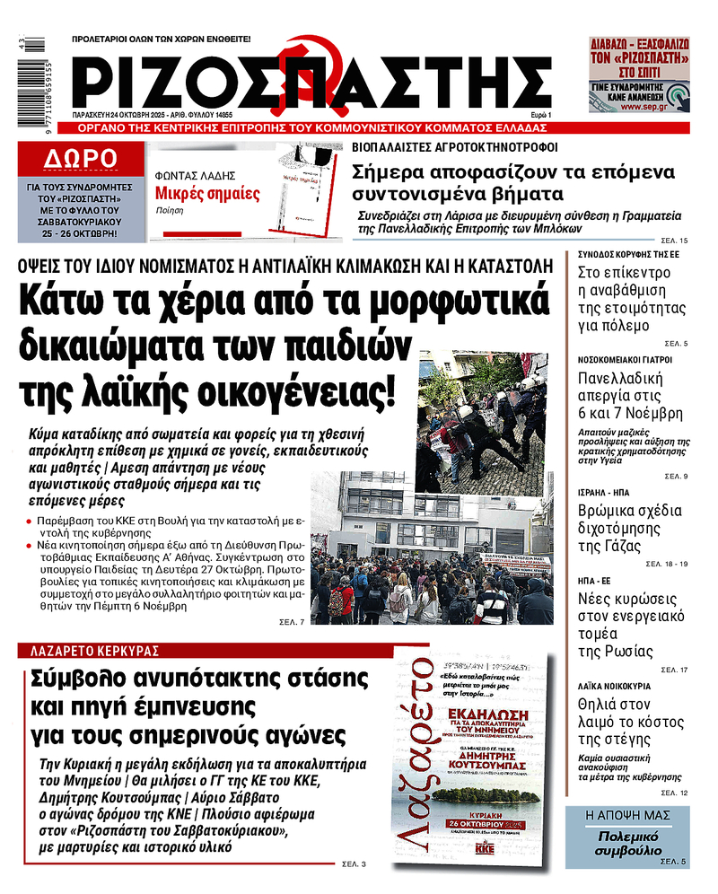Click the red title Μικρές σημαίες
[x=207, y=193]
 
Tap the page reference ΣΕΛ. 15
[x=674, y=241]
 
